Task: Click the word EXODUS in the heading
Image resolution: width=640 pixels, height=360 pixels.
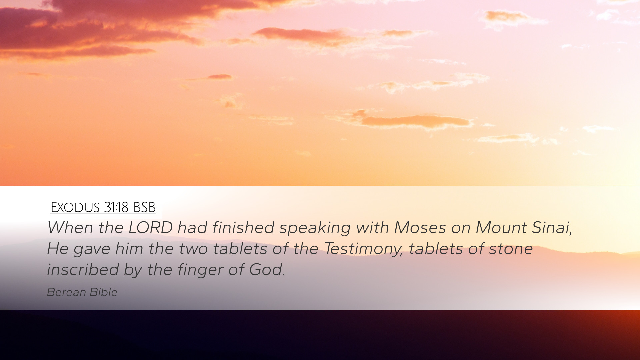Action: (75, 207)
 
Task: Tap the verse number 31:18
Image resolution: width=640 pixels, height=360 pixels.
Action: (116, 207)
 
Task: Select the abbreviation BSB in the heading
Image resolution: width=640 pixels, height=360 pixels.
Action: (144, 207)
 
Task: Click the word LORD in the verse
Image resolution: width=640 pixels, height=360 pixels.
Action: (150, 228)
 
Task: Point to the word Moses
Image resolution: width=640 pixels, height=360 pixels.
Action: (420, 228)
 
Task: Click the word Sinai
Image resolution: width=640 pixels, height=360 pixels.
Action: (552, 228)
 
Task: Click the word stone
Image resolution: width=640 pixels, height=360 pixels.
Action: (511, 249)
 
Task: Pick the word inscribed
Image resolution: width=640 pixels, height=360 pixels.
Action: (83, 270)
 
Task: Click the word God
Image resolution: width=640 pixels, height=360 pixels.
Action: (267, 270)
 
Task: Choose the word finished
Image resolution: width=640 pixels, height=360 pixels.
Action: (243, 228)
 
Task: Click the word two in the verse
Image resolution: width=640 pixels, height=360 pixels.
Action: (193, 249)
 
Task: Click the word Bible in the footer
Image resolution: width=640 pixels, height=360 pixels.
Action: (104, 292)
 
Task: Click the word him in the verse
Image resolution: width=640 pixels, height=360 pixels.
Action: (129, 249)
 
